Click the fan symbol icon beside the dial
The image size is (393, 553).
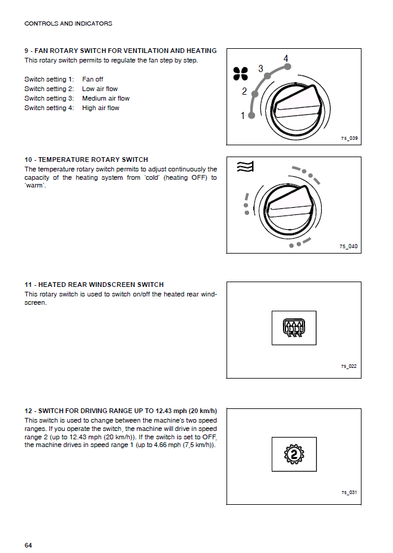[240, 73]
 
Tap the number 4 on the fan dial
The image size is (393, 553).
[286, 58]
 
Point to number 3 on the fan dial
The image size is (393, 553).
[260, 69]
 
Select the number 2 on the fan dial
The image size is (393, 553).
[244, 92]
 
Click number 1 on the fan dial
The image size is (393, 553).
[243, 116]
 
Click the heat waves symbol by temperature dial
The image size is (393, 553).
[244, 167]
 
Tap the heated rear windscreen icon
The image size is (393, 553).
[294, 327]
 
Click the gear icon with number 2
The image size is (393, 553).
[294, 455]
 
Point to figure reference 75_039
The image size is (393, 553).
[349, 139]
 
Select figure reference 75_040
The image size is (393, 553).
[349, 246]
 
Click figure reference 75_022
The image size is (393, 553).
[349, 366]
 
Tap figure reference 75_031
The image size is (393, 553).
[349, 492]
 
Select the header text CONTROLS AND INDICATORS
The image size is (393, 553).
[68, 24]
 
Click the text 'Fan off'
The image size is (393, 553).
[93, 79]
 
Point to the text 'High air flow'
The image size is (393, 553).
[100, 108]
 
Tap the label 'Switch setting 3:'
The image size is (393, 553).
[49, 98]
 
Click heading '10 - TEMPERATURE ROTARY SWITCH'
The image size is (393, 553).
[86, 160]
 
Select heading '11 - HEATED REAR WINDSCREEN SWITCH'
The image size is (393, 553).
[94, 285]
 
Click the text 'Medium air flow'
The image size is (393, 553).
[106, 98]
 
